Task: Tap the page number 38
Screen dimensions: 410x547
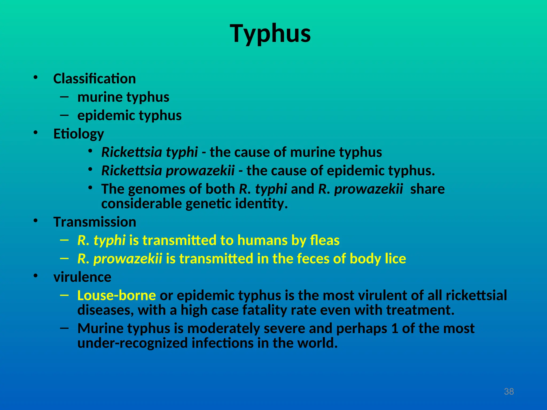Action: (509, 392)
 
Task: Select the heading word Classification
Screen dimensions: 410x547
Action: (95, 79)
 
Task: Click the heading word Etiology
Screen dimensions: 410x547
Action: (79, 134)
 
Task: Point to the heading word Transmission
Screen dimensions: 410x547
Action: (95, 222)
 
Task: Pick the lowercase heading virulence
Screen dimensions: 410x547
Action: (82, 277)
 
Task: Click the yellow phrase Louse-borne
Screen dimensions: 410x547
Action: (116, 295)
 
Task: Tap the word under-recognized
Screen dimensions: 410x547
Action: (132, 343)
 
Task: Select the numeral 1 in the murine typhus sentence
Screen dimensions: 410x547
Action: (394, 328)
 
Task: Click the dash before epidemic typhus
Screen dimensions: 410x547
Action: (64, 115)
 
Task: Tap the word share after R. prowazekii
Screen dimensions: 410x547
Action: (427, 189)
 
